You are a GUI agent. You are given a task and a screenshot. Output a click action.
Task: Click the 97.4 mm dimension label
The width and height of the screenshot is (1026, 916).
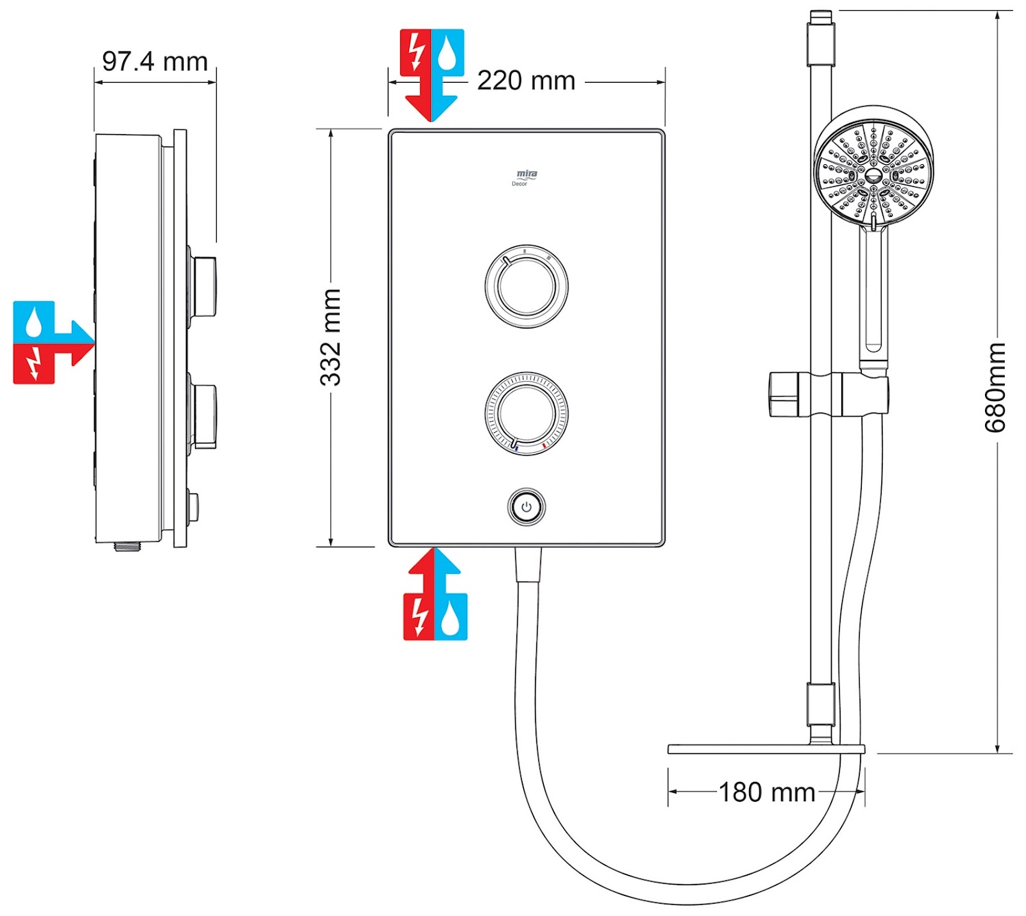tap(155, 62)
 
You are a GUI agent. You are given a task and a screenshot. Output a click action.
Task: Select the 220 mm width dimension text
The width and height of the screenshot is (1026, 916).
tap(526, 81)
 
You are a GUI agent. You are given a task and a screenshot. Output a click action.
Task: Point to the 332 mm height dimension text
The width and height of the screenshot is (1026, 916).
tap(330, 337)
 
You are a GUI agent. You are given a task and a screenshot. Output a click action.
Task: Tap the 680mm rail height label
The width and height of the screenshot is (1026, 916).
tap(995, 388)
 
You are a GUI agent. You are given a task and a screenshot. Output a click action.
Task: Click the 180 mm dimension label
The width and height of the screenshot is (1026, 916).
tap(767, 792)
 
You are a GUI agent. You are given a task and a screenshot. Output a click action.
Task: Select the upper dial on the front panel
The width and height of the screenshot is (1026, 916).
tap(526, 286)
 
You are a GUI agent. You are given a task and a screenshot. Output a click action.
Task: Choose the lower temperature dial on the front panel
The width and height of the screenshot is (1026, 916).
tap(526, 413)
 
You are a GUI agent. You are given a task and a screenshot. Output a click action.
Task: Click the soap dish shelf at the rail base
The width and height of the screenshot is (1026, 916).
tap(766, 749)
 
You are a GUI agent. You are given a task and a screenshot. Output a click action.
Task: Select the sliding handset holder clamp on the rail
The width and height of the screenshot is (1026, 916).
tap(828, 394)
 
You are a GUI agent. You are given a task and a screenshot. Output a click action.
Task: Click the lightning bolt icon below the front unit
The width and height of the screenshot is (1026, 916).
tap(419, 616)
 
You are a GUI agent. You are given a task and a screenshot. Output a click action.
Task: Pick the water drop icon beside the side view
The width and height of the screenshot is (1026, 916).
tap(34, 322)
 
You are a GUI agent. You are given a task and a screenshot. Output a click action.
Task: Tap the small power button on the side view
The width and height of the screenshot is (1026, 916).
tap(192, 507)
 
